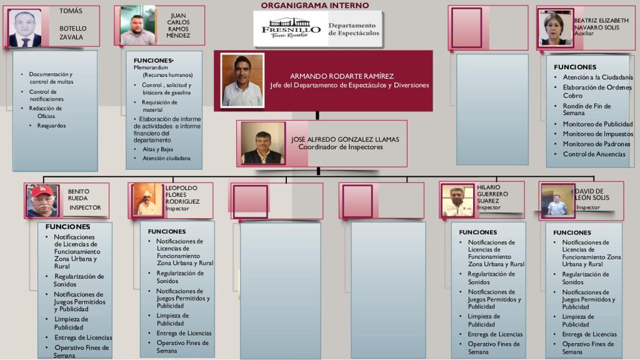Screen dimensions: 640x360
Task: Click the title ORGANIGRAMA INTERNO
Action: [315, 5]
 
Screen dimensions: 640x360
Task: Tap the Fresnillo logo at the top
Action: [291, 28]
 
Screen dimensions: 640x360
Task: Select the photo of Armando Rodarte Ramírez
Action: [242, 81]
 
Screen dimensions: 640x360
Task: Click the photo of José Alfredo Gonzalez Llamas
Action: [263, 143]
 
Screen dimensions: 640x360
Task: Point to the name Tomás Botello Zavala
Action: [72, 24]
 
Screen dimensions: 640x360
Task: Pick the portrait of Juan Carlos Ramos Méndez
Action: [137, 25]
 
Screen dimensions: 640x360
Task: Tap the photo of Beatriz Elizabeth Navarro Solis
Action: [555, 27]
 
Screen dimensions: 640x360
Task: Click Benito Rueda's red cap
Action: [42, 191]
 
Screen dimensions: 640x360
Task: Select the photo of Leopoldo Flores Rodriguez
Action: [147, 199]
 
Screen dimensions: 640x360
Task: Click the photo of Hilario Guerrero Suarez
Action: [457, 201]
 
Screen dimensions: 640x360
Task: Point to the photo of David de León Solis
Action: [557, 201]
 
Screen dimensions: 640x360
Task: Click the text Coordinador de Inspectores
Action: [341, 147]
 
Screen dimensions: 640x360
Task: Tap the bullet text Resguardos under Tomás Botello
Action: [51, 126]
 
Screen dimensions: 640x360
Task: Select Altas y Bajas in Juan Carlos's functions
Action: [157, 149]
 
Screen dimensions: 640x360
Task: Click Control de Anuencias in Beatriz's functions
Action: [594, 154]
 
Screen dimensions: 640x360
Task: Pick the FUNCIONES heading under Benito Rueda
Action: [67, 226]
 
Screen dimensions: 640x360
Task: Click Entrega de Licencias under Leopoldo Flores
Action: [184, 333]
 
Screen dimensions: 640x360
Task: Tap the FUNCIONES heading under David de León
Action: [572, 232]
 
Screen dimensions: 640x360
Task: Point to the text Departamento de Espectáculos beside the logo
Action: [354, 29]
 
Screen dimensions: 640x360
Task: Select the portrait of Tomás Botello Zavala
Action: [25, 28]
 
